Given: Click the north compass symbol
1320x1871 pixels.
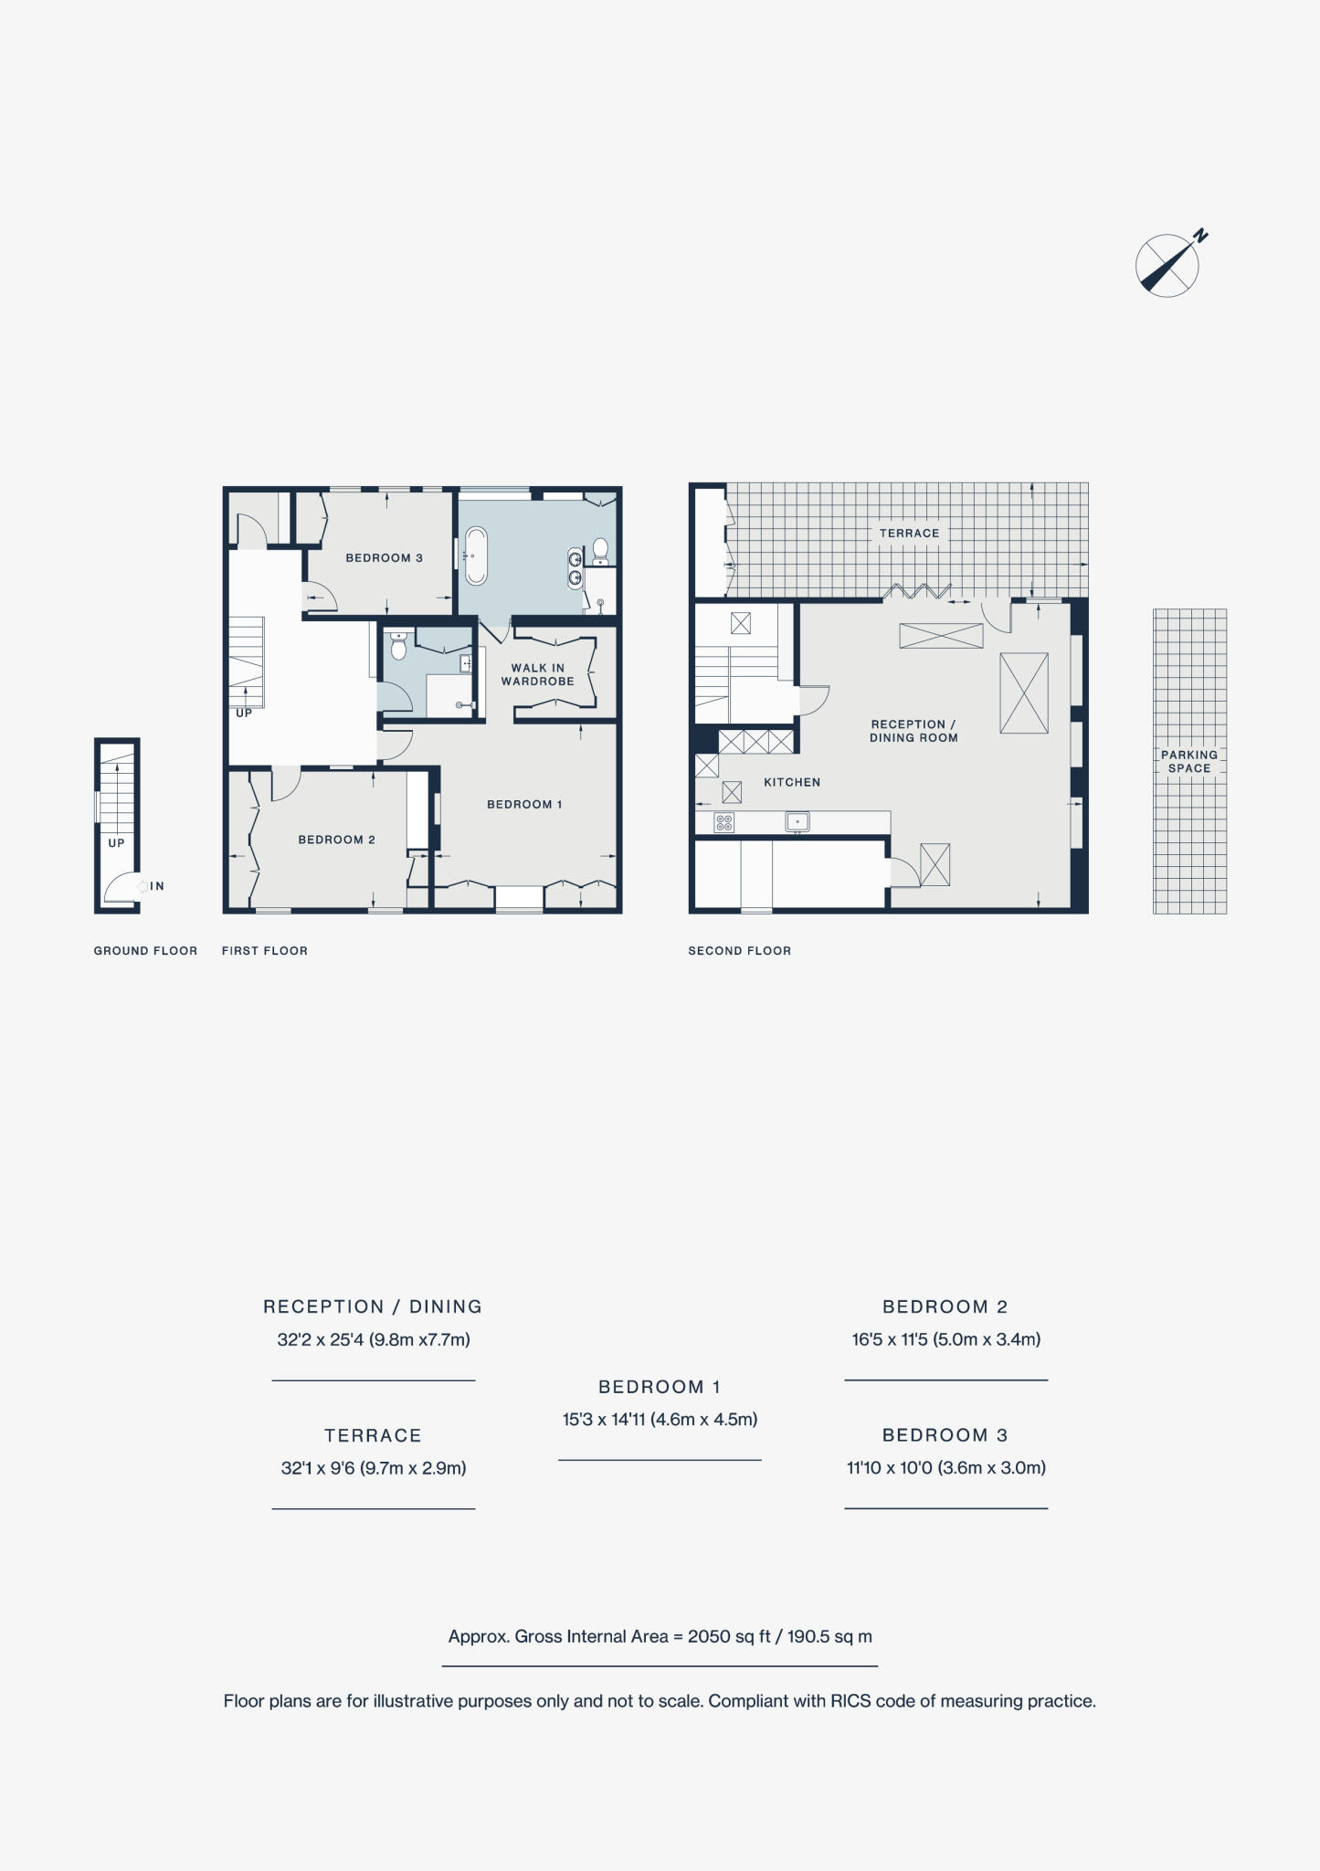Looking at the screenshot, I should tap(1167, 265).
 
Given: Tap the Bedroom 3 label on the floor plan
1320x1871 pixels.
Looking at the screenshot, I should tap(384, 558).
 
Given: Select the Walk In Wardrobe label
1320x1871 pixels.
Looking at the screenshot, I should tap(537, 674).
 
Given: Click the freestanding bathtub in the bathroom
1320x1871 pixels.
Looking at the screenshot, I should tap(475, 555).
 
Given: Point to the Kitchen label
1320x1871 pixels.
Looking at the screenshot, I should tap(792, 782).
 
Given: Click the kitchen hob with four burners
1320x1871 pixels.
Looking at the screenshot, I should tap(723, 822).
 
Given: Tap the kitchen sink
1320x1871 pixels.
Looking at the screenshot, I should tap(797, 822).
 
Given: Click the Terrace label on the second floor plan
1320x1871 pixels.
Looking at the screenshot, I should tap(909, 534).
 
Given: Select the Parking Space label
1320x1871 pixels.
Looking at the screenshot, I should tap(1189, 761).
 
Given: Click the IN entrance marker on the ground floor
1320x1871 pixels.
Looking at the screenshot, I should tap(156, 886).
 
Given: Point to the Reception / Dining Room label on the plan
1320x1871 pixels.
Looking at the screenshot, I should tap(913, 731).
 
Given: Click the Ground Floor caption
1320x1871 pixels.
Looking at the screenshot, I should tap(145, 951).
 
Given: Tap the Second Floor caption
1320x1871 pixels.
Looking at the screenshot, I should tap(740, 951).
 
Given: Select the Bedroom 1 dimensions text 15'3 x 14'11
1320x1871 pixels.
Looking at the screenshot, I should tap(660, 1420).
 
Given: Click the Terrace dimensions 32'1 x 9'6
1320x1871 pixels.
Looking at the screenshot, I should tap(374, 1468).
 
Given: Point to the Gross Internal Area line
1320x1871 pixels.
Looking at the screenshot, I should tap(660, 1636).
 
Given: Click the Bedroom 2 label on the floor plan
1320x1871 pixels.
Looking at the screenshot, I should tap(336, 840).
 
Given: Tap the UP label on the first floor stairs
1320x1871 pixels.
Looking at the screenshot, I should tap(244, 713).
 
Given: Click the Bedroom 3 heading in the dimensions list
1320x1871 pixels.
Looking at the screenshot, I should tap(945, 1435).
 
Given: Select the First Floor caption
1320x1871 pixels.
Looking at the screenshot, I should tap(265, 951).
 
